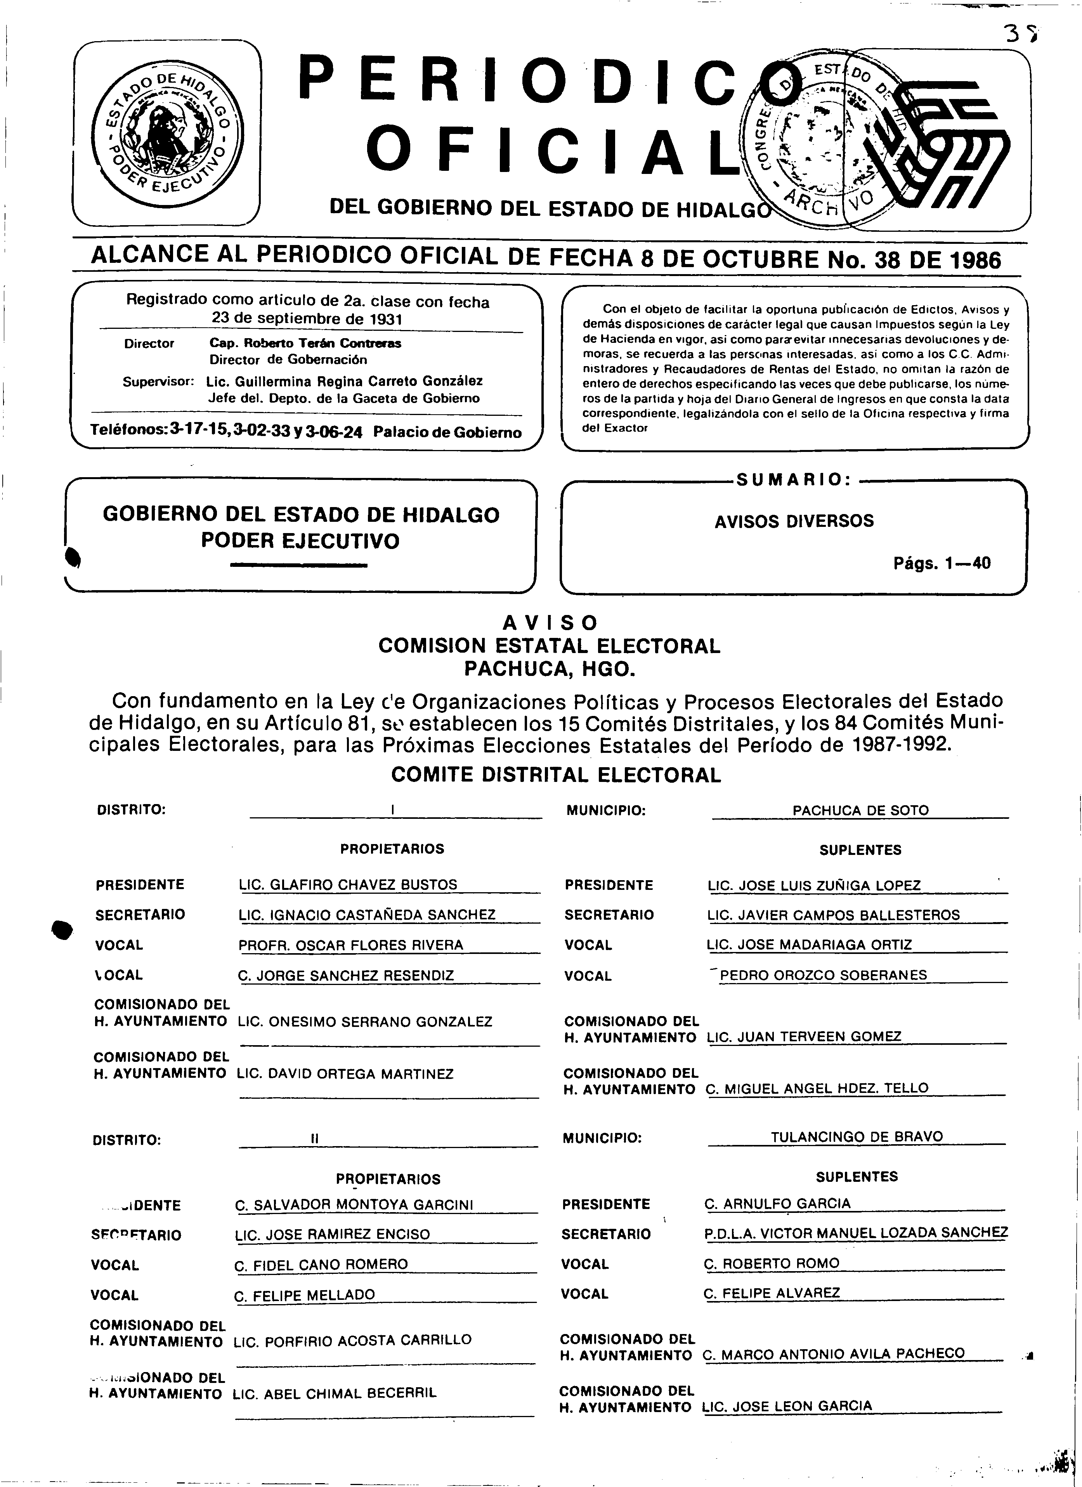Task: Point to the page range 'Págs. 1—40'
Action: coord(942,563)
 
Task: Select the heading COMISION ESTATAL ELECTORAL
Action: coord(549,646)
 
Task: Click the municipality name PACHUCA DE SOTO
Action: coord(860,810)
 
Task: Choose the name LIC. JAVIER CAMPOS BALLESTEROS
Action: coord(834,915)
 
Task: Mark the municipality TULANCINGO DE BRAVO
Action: coord(857,1136)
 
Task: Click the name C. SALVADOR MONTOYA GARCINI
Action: coord(354,1205)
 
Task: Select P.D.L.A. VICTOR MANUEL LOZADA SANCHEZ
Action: coord(856,1233)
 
